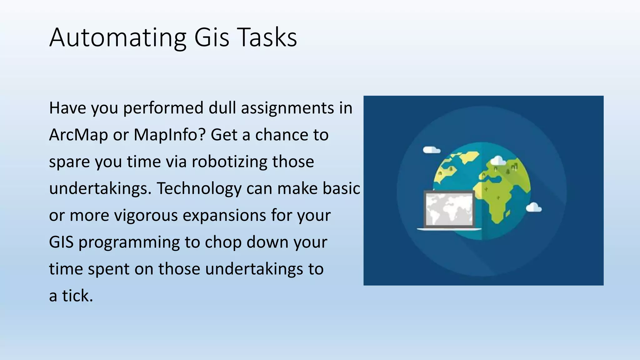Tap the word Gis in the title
click(212, 37)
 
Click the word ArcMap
click(78, 135)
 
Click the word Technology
click(199, 189)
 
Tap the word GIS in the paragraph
click(61, 242)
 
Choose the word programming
click(129, 242)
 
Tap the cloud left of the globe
click(431, 150)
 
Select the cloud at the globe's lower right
click(533, 207)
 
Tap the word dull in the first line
click(222, 108)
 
